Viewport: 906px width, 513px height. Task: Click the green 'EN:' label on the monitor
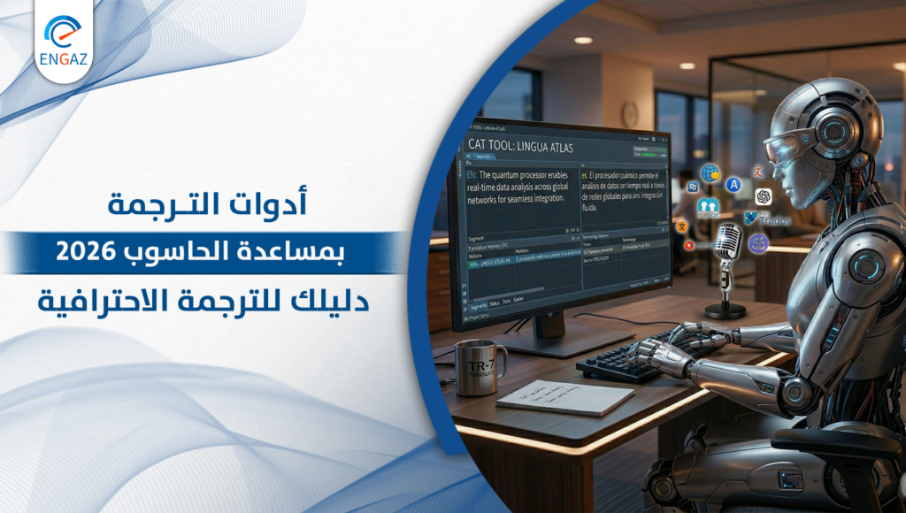click(x=472, y=175)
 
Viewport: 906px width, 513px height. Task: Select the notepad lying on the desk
click(x=564, y=397)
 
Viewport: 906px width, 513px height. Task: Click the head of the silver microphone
click(x=728, y=241)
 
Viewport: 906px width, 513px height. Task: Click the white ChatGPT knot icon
click(x=764, y=195)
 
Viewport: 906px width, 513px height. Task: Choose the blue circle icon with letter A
click(x=733, y=184)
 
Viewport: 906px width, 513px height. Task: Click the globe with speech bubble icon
click(x=710, y=173)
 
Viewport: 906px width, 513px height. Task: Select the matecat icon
click(x=707, y=209)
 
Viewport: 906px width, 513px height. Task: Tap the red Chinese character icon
click(x=757, y=170)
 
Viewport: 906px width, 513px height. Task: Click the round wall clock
click(x=629, y=113)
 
